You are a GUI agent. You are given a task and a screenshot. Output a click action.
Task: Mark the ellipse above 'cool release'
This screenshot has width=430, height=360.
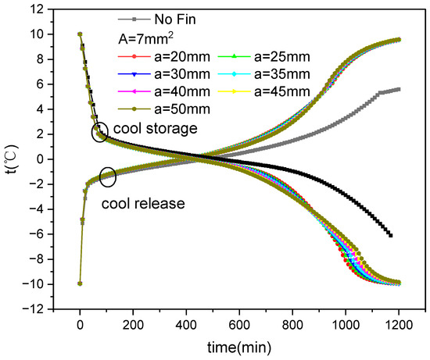109,177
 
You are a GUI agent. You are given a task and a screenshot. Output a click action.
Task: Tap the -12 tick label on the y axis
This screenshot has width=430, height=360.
33,309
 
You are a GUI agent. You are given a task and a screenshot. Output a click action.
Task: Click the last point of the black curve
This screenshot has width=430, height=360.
390,235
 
